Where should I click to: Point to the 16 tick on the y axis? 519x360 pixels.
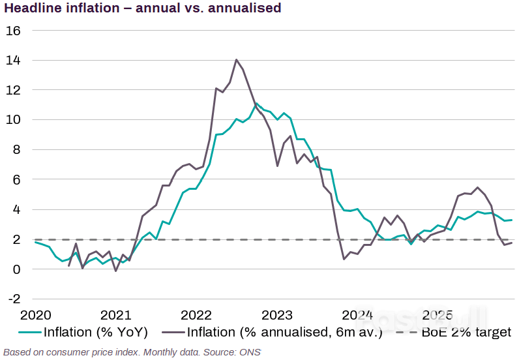point(13,31)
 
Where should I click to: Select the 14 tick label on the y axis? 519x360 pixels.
point(13,61)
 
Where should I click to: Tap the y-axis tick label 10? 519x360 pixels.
point(13,120)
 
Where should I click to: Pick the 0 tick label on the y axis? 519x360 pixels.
point(16,269)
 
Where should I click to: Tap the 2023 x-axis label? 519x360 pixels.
point(277,315)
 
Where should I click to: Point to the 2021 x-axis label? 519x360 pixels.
point(115,315)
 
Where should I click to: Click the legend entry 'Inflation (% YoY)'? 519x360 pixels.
point(96,333)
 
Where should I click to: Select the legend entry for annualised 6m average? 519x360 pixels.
point(280,333)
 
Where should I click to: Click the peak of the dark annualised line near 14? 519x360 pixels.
point(236,59)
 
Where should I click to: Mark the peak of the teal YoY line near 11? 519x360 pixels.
point(256,104)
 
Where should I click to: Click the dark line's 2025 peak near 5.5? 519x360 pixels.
point(479,188)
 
